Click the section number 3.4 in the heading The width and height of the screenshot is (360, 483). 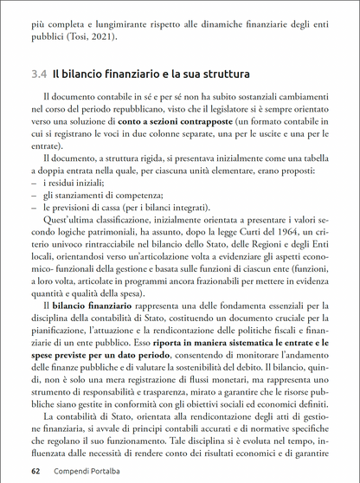(x=38, y=76)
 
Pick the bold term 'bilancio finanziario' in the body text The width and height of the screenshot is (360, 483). (x=92, y=306)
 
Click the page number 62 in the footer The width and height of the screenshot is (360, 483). (x=35, y=472)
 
